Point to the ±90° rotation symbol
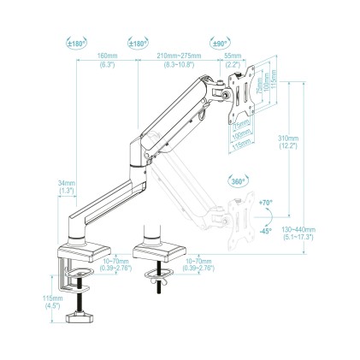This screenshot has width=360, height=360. tap(218, 41)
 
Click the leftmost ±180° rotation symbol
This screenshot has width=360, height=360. tap(78, 41)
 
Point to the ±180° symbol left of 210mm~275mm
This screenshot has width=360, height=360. tap(137, 41)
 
